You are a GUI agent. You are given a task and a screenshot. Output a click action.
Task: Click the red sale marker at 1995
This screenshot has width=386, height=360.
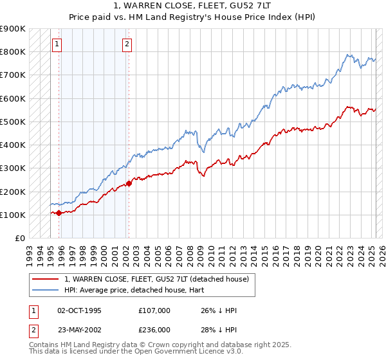pyautogui.click(x=59, y=213)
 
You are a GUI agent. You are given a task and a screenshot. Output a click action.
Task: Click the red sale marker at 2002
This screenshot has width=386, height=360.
pyautogui.click(x=129, y=183)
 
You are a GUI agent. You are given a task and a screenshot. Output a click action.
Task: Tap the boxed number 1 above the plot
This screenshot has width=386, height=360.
pyautogui.click(x=57, y=44)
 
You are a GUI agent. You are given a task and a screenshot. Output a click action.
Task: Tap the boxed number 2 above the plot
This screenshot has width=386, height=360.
pyautogui.click(x=127, y=44)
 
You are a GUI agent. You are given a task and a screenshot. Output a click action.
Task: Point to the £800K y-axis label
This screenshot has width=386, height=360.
pyautogui.click(x=13, y=51)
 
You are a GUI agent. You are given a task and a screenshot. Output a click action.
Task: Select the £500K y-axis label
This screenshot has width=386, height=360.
pyautogui.click(x=13, y=122)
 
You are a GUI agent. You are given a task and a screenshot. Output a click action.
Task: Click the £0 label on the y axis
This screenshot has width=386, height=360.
pyautogui.click(x=20, y=238)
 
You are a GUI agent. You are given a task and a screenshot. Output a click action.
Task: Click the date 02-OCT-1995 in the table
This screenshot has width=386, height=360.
pyautogui.click(x=79, y=310)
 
